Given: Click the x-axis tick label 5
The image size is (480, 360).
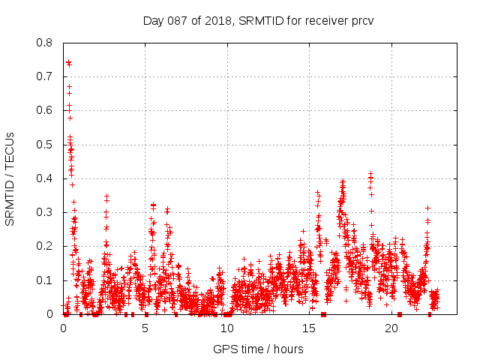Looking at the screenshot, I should pos(145,328).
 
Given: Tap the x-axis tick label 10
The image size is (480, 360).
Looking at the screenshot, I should pos(227,328).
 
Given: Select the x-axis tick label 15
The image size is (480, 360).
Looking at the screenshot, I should pos(310,328).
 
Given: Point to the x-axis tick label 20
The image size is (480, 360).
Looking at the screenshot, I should pos(391,328).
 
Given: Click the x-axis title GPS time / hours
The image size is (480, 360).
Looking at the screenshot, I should pos(258,349).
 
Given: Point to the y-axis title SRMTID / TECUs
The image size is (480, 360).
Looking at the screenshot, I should pos(10,178).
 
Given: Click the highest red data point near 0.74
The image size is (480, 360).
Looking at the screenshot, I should pos(69,63).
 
